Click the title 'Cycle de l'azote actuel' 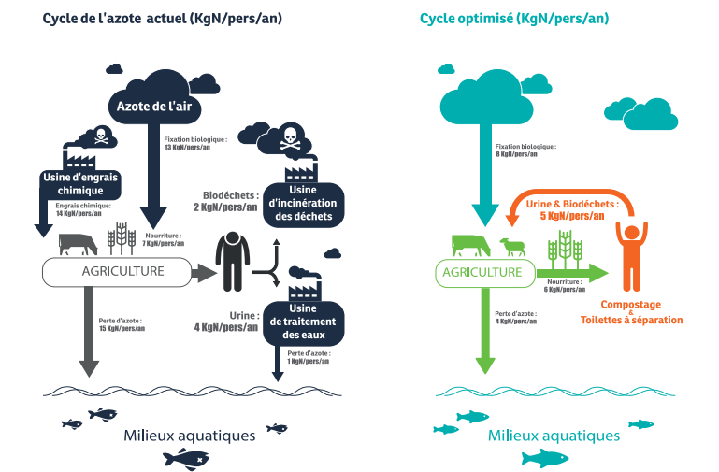(x=150, y=19)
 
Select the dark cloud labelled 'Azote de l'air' (x=153, y=103)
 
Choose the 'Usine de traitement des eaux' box (x=303, y=321)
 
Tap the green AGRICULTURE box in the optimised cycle (x=482, y=272)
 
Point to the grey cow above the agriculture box (x=78, y=245)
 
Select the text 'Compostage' (x=632, y=305)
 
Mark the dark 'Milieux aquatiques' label (x=189, y=436)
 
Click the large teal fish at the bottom (x=545, y=458)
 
